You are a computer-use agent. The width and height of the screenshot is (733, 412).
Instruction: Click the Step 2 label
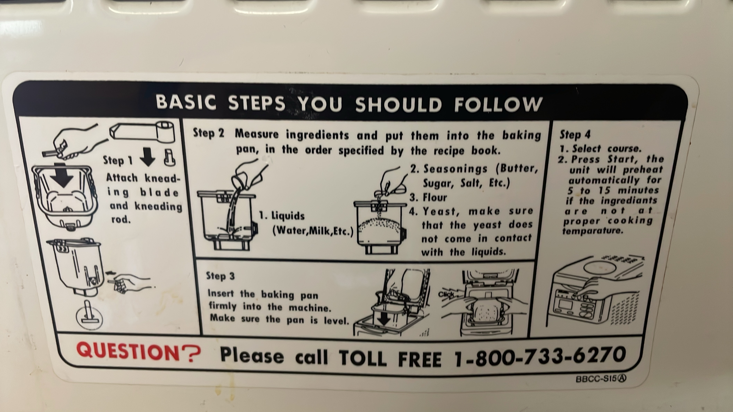click(x=209, y=133)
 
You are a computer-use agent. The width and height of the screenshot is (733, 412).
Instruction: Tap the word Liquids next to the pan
click(x=288, y=216)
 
